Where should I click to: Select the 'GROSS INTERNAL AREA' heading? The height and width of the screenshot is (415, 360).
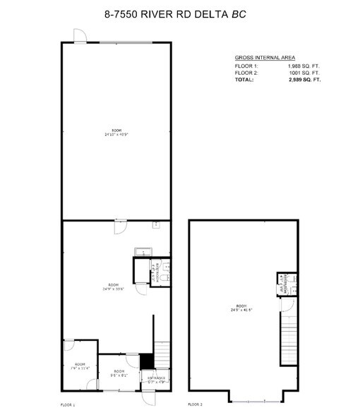tap(265, 57)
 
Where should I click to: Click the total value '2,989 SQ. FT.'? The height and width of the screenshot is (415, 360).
tap(305, 80)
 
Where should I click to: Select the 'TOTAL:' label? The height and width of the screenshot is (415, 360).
tap(245, 80)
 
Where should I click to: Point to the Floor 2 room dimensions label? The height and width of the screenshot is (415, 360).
tap(240, 309)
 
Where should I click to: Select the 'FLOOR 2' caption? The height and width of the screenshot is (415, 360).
tap(196, 405)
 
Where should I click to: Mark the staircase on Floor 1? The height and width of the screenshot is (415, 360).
tap(162, 354)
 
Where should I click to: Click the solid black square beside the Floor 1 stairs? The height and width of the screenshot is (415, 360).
tap(147, 360)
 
